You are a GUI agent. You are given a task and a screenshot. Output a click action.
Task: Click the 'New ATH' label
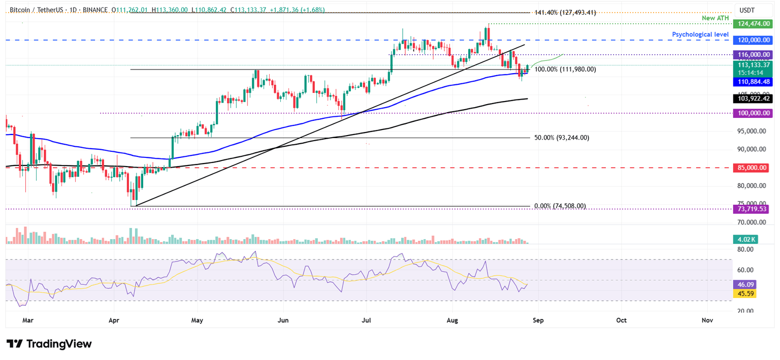715,18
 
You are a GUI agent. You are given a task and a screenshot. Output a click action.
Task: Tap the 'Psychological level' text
700,35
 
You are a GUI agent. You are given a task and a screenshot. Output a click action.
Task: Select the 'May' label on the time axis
197,321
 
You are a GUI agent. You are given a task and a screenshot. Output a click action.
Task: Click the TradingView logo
49,344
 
